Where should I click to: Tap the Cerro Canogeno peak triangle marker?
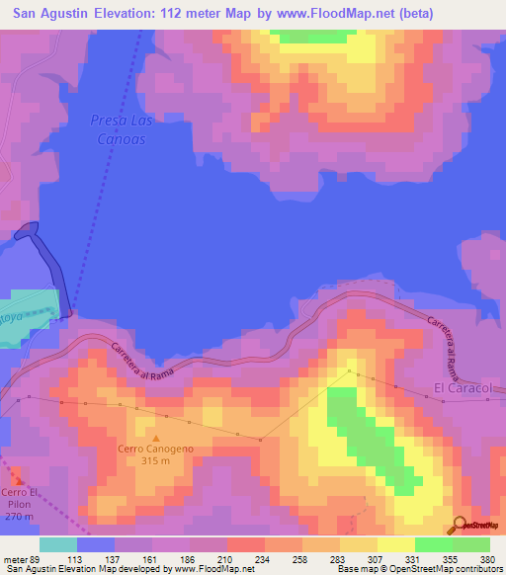155,437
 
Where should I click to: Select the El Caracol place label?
463,388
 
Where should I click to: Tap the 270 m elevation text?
19,517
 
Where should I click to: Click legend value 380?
488,559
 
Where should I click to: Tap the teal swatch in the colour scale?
58,544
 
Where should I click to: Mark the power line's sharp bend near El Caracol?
351,371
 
